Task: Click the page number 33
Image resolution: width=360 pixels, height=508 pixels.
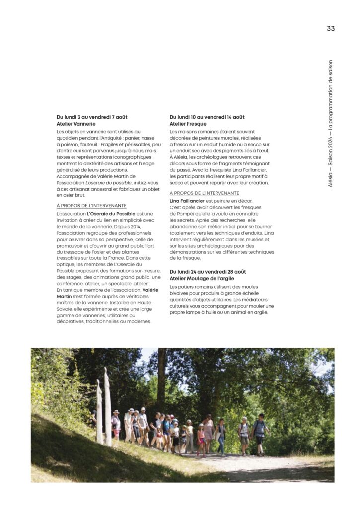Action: [x=331, y=29]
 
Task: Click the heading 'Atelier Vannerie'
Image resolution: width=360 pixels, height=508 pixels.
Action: [x=76, y=124]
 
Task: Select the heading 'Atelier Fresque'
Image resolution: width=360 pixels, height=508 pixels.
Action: [x=188, y=124]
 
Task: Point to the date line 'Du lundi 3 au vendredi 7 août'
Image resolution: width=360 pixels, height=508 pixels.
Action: [x=92, y=117]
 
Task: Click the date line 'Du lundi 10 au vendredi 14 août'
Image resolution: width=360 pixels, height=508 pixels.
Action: [x=207, y=117]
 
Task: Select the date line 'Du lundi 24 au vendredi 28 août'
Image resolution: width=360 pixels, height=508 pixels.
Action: [x=207, y=272]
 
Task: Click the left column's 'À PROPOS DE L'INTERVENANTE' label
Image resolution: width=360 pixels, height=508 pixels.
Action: [x=91, y=206]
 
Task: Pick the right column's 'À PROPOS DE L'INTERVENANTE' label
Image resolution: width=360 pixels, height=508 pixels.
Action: [x=204, y=193]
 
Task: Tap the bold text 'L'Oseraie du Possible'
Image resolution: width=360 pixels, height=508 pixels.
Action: [x=111, y=214]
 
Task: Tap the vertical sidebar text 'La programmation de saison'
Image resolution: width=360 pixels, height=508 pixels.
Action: [x=331, y=100]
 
